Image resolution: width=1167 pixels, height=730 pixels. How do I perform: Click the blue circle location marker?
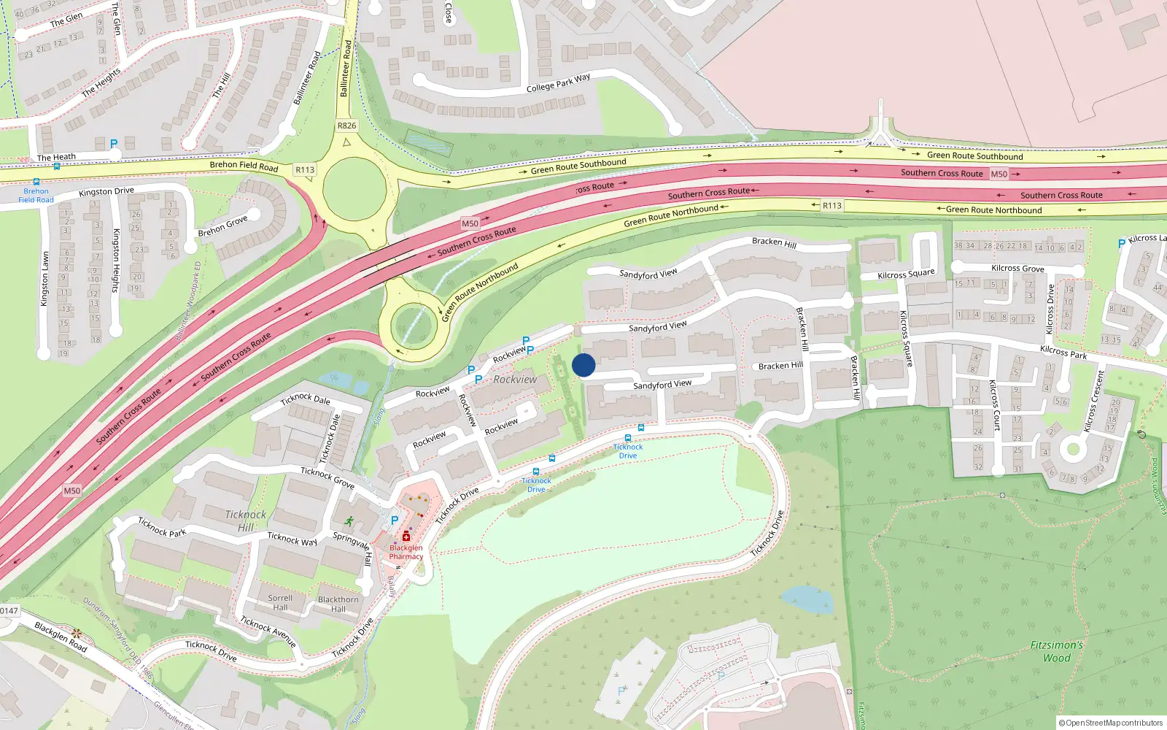[583, 365]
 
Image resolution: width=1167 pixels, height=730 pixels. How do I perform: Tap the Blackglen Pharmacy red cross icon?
[406, 537]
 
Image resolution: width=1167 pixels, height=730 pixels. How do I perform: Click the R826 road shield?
[346, 126]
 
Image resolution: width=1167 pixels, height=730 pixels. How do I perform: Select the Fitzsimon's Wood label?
[1056, 651]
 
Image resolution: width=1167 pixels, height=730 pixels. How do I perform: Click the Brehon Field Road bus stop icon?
[36, 182]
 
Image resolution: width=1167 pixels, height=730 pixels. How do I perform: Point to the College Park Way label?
[558, 83]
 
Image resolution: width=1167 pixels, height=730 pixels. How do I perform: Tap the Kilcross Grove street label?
[1017, 268]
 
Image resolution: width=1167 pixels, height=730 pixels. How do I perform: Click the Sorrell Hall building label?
[280, 602]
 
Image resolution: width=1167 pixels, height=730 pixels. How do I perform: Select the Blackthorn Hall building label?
[338, 604]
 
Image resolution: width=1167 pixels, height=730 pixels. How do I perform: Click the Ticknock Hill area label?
[246, 520]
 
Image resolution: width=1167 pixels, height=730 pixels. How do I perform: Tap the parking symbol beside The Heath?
[114, 144]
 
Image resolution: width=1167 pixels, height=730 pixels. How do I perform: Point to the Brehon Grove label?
[222, 226]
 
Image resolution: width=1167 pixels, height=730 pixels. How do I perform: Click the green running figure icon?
[349, 521]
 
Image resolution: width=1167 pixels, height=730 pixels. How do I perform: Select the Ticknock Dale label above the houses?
[306, 399]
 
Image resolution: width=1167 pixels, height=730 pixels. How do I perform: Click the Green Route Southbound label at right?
[974, 155]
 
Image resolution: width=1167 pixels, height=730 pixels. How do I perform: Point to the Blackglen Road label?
[61, 637]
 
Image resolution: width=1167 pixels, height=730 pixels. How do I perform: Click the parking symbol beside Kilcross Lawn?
[1121, 244]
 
